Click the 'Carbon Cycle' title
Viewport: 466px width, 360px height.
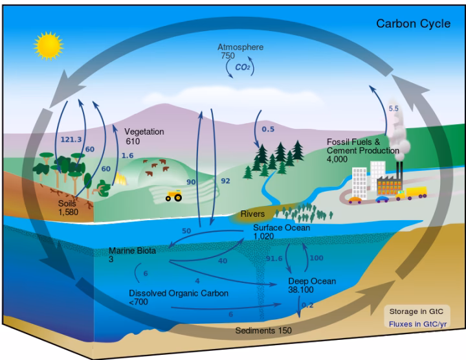point(414,24)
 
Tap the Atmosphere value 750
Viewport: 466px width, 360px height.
point(227,56)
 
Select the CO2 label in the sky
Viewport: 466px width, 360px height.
point(243,67)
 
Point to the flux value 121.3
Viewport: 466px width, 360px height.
point(71,139)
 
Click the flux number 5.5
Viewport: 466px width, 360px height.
point(394,108)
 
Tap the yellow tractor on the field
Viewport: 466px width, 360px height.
point(173,195)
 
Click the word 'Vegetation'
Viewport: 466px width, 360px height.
point(144,131)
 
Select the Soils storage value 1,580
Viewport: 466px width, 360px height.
point(69,212)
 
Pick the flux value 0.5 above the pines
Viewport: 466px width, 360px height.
point(268,129)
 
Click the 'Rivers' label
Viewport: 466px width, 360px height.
point(253,214)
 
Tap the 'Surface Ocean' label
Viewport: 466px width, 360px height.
point(282,228)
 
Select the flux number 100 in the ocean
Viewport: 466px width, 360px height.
point(317,258)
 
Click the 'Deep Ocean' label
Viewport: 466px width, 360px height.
point(313,281)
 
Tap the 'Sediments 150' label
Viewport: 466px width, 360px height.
point(263,330)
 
